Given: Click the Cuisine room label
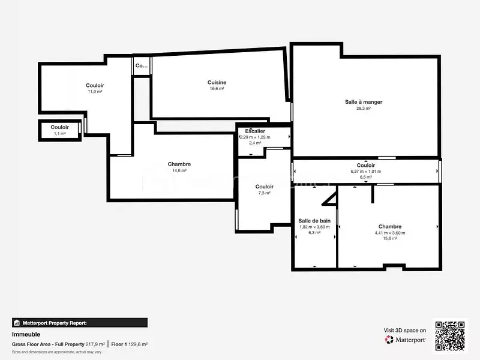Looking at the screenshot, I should coord(217,82).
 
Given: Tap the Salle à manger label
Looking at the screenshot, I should coord(364,102).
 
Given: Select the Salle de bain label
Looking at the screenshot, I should coord(314,221).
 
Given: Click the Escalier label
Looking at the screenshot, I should coord(255,131).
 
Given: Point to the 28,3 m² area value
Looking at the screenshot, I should coord(364,109).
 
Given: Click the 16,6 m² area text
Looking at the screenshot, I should coord(217,89).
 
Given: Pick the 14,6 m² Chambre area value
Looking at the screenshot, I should coord(179,170).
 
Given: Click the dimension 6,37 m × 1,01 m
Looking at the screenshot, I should coord(366,172).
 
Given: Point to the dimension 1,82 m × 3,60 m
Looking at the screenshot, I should coord(314,227).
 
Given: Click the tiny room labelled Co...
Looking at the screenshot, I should coord(142,65).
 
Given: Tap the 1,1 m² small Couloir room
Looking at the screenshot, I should coord(59,130).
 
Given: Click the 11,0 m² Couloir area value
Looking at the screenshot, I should coord(95,92).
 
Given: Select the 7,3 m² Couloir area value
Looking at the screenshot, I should coord(264,193).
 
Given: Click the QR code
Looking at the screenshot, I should coord(450,336).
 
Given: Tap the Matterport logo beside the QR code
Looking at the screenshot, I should coord(406,340).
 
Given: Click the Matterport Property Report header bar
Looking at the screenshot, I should coord(79,323).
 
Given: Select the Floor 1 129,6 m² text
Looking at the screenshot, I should coord(130,344).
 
